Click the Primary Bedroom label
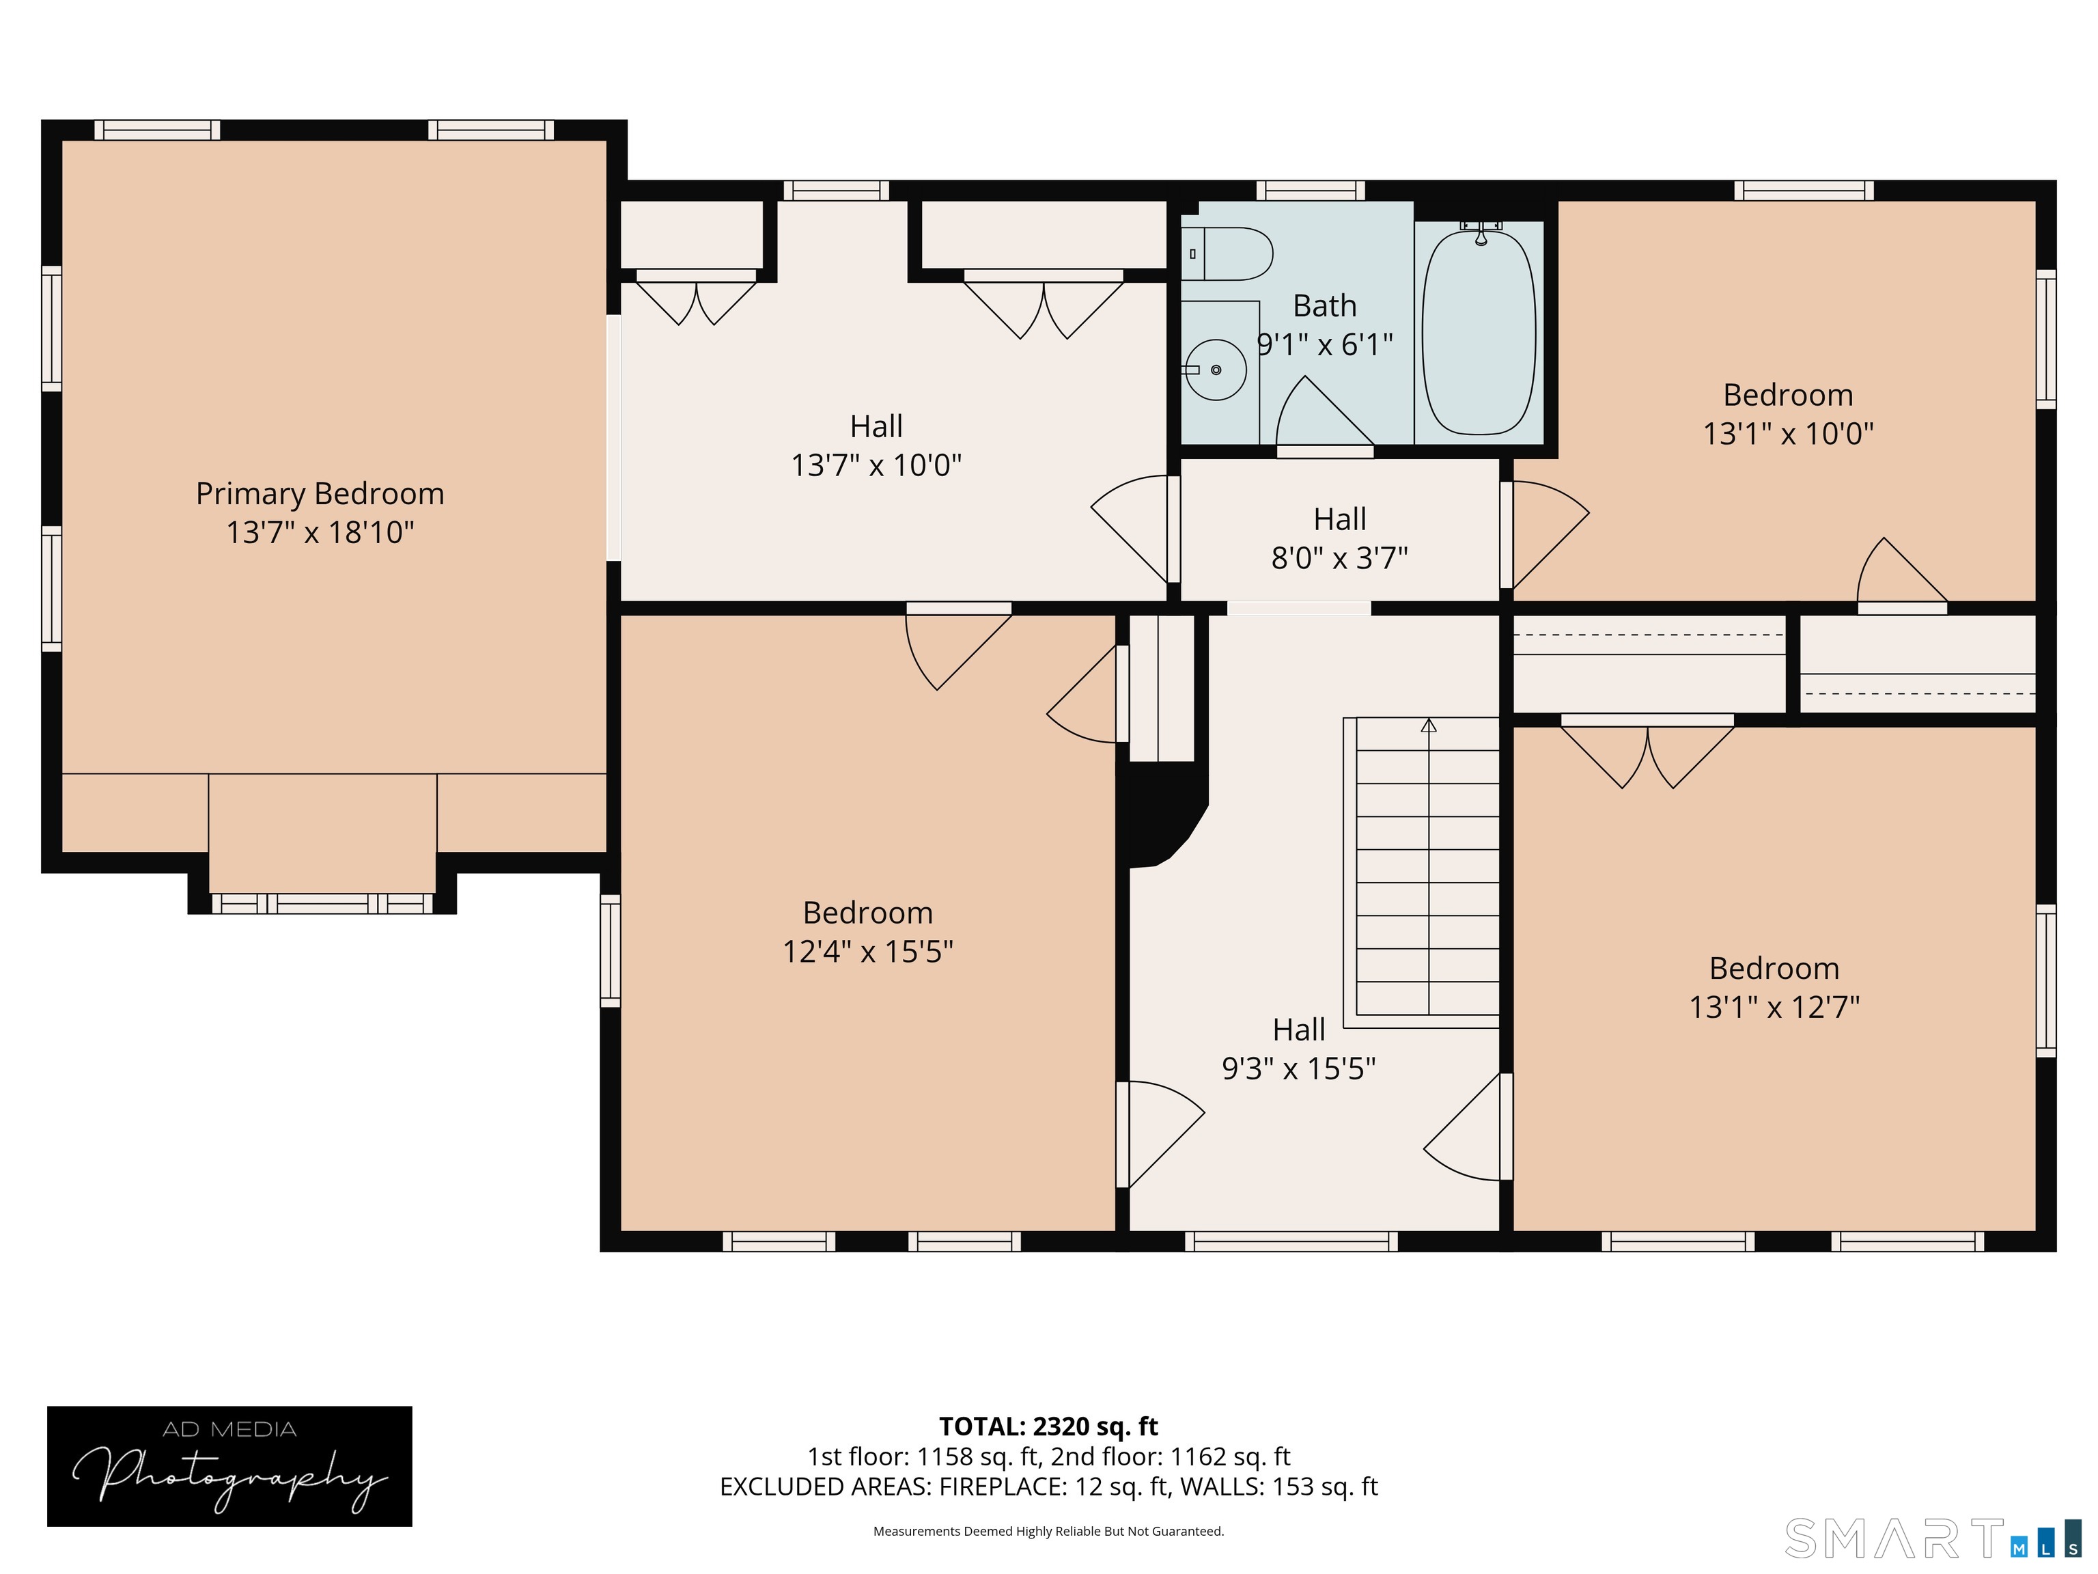[x=320, y=495]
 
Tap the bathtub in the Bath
[x=1479, y=332]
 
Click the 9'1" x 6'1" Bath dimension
[x=1324, y=344]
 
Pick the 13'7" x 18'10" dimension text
[x=320, y=532]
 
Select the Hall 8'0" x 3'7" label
[x=1339, y=538]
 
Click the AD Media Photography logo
[x=229, y=1466]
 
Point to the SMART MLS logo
[x=1932, y=1538]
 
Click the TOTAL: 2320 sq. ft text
[x=1048, y=1426]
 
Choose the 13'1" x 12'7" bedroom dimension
[x=1774, y=1007]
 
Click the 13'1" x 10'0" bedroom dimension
[x=1788, y=434]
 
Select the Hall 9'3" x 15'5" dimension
[x=1298, y=1069]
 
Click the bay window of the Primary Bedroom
[x=322, y=903]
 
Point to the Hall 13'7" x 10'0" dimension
[x=876, y=466]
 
